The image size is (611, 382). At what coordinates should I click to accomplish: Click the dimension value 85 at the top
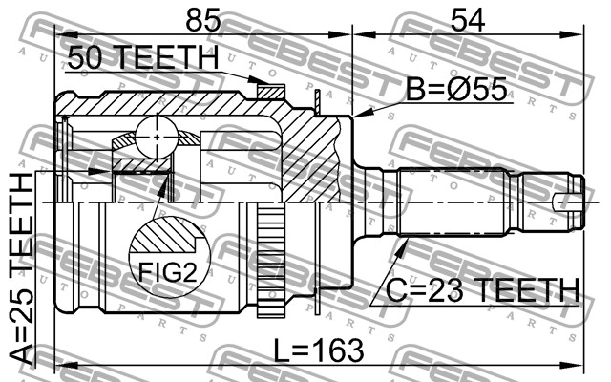[203, 20]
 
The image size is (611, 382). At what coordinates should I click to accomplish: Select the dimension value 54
[468, 20]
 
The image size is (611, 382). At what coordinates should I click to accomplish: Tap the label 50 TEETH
[143, 57]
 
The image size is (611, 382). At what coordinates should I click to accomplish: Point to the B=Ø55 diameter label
[456, 89]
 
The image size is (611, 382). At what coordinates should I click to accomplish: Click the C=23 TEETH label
[483, 290]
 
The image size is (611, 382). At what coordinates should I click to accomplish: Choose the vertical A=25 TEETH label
[21, 269]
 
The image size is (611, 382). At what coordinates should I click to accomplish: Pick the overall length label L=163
[319, 350]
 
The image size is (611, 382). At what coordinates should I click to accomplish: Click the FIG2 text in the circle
[168, 271]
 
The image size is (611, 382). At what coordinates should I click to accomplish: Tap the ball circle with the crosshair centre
[157, 137]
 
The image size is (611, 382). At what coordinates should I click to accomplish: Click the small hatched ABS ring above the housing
[271, 92]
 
